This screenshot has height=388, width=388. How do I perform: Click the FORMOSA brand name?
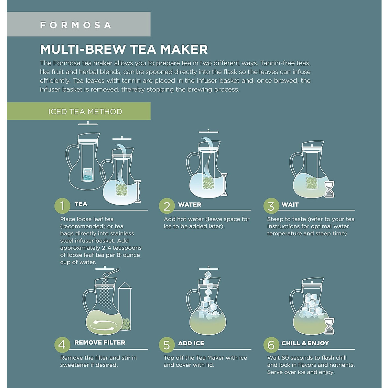[x=76, y=25]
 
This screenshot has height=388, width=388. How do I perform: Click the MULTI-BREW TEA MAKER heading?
[x=124, y=49]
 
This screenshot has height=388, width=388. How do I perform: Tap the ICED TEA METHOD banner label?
[x=85, y=112]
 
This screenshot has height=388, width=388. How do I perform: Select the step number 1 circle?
[x=62, y=205]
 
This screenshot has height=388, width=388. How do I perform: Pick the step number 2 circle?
[x=167, y=206]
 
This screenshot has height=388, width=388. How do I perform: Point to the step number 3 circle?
[x=271, y=206]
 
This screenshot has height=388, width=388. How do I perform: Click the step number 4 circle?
[x=62, y=344]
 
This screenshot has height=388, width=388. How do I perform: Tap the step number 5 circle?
[x=167, y=345]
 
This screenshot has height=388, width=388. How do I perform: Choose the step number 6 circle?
[x=271, y=345]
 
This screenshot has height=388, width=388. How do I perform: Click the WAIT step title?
[x=290, y=204]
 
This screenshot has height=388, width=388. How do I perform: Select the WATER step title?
[x=189, y=204]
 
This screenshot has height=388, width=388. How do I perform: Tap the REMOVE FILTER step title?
[x=100, y=342]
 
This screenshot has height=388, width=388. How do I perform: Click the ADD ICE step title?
[x=191, y=343]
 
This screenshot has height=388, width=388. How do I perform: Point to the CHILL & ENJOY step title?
[x=305, y=343]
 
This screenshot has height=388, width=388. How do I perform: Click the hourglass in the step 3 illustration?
[x=329, y=189]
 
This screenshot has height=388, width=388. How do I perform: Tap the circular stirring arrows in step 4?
[x=102, y=325]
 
